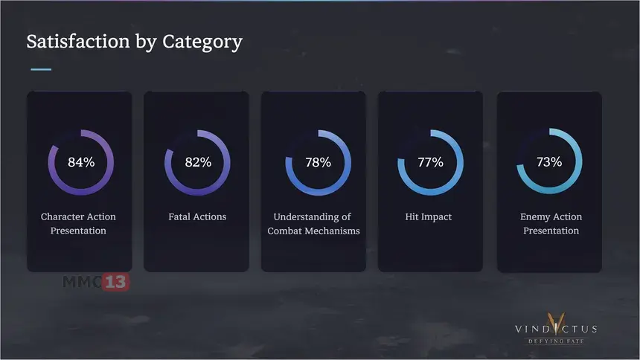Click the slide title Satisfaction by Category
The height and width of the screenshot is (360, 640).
tap(134, 42)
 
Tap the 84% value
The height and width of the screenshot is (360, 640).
tap(81, 162)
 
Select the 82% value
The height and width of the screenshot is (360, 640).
tap(198, 162)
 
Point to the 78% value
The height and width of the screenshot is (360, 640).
tap(318, 162)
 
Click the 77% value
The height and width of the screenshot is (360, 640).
tap(430, 162)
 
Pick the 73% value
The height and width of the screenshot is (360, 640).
tap(549, 162)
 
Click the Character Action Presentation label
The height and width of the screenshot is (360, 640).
tap(78, 224)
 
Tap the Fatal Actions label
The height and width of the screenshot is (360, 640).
tap(197, 217)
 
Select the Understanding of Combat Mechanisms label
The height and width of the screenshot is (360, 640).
tap(313, 224)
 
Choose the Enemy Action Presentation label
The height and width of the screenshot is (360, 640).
tap(551, 224)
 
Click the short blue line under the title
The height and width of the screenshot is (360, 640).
tap(41, 69)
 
